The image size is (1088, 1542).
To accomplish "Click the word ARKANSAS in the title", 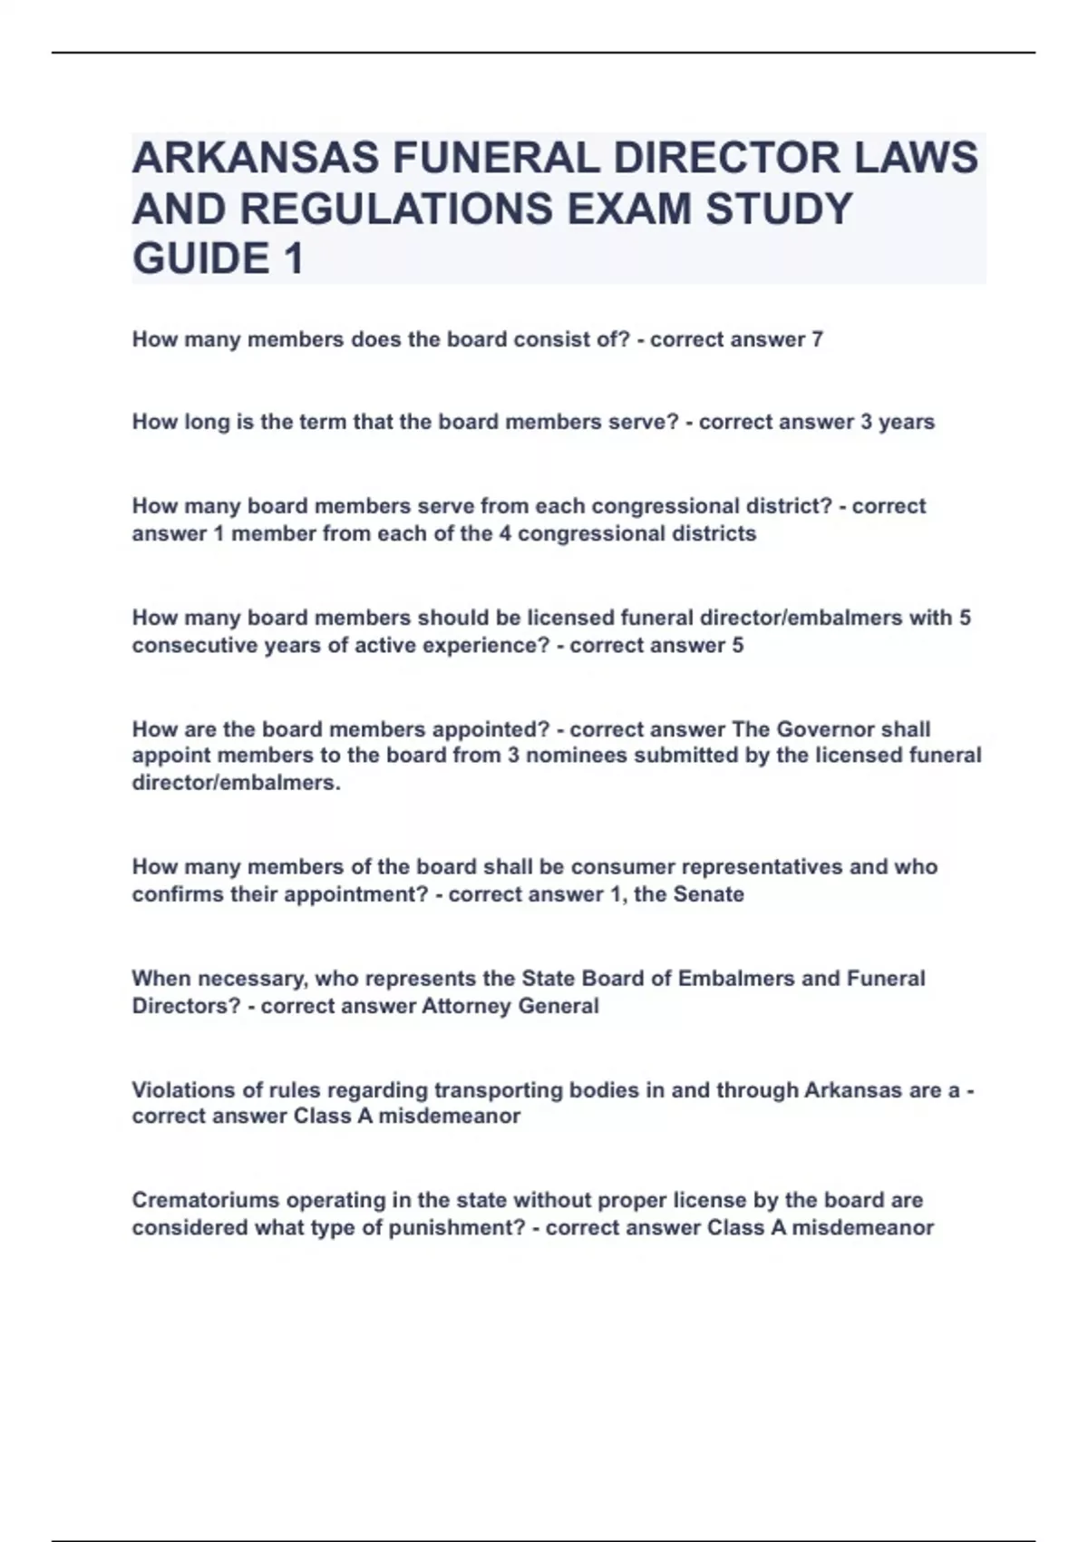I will pos(256,158).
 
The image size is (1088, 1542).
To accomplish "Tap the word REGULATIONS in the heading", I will pos(397,209).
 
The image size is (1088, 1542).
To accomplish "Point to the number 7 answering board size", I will pos(817,340).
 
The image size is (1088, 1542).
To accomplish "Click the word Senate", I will pos(707,894).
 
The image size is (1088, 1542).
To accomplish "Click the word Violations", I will pos(181,1089).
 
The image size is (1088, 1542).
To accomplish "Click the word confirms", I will pos(173,894).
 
